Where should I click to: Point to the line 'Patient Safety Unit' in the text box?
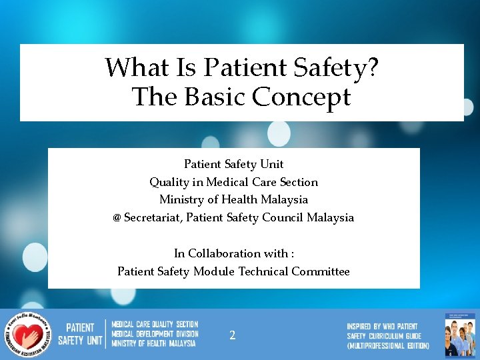coord(233,164)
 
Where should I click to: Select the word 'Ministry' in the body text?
coord(181,199)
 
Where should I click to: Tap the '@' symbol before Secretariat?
coord(117,218)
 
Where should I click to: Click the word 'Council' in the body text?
coord(285,217)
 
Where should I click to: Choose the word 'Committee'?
coord(321,271)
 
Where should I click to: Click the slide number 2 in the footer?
coord(232,335)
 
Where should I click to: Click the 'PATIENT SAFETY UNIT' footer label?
coord(81,334)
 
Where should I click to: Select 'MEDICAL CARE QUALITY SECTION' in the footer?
coord(155,325)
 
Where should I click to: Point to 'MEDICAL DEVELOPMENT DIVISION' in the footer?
coord(155,334)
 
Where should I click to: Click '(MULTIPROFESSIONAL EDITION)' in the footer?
coord(388,345)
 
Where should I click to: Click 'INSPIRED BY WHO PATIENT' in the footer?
coord(382,326)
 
